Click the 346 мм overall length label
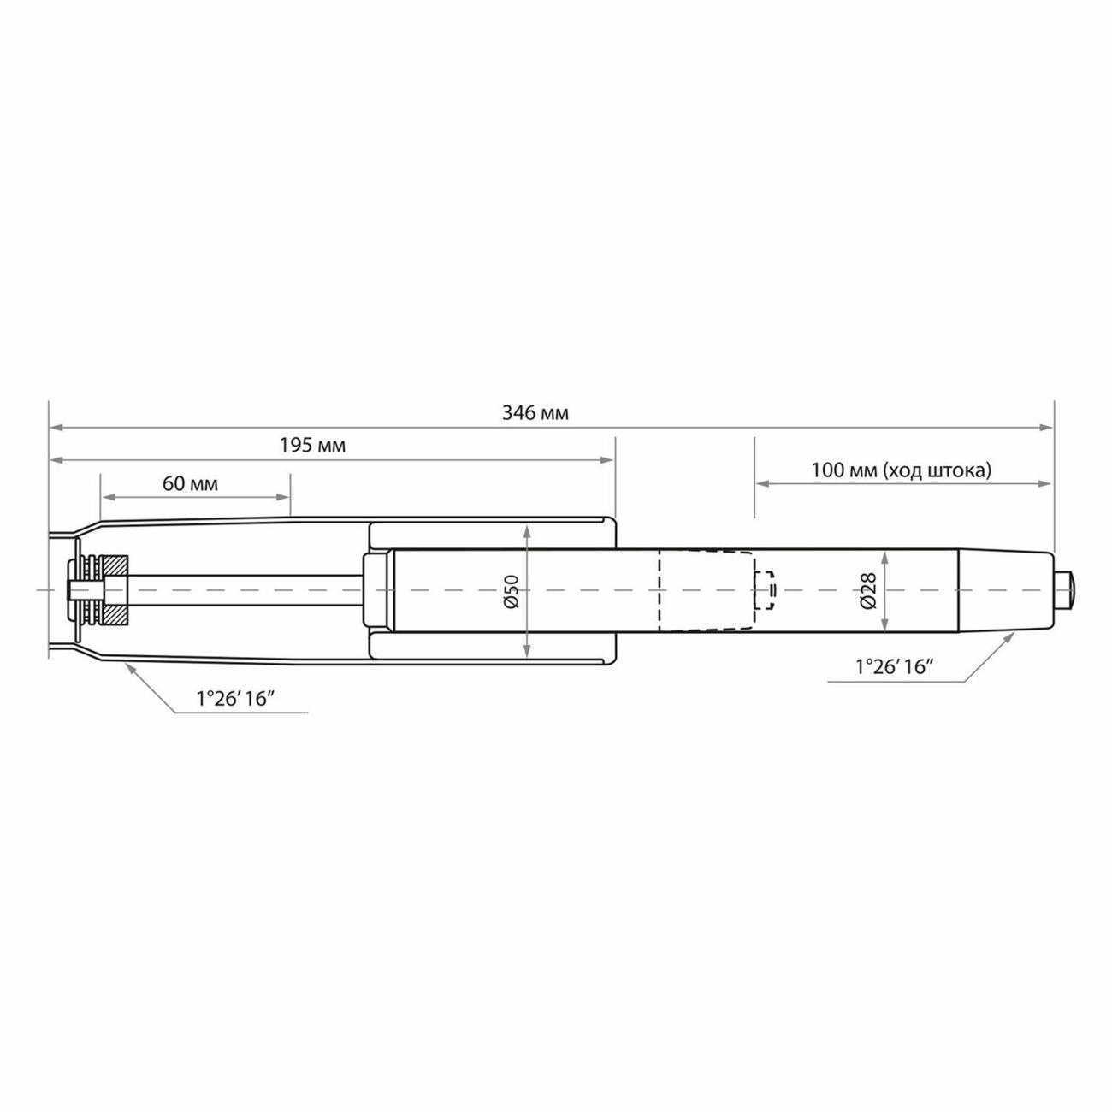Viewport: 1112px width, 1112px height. point(535,413)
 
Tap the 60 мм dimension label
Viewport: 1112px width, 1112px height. point(190,483)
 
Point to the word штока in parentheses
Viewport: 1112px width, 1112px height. point(960,470)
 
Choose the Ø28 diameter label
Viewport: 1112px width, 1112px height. point(868,590)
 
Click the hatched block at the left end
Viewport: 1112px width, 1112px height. point(115,590)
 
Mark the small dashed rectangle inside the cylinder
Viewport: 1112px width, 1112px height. point(764,590)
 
